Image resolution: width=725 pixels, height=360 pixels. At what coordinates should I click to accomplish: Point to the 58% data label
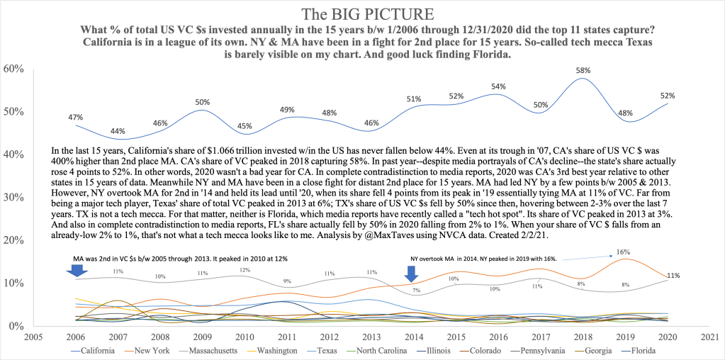582,71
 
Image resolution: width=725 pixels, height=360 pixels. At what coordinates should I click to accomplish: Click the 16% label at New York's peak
623,252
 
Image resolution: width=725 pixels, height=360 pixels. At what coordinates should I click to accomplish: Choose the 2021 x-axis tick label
707,337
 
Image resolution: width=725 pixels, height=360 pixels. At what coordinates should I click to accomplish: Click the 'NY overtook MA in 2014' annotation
468,259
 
